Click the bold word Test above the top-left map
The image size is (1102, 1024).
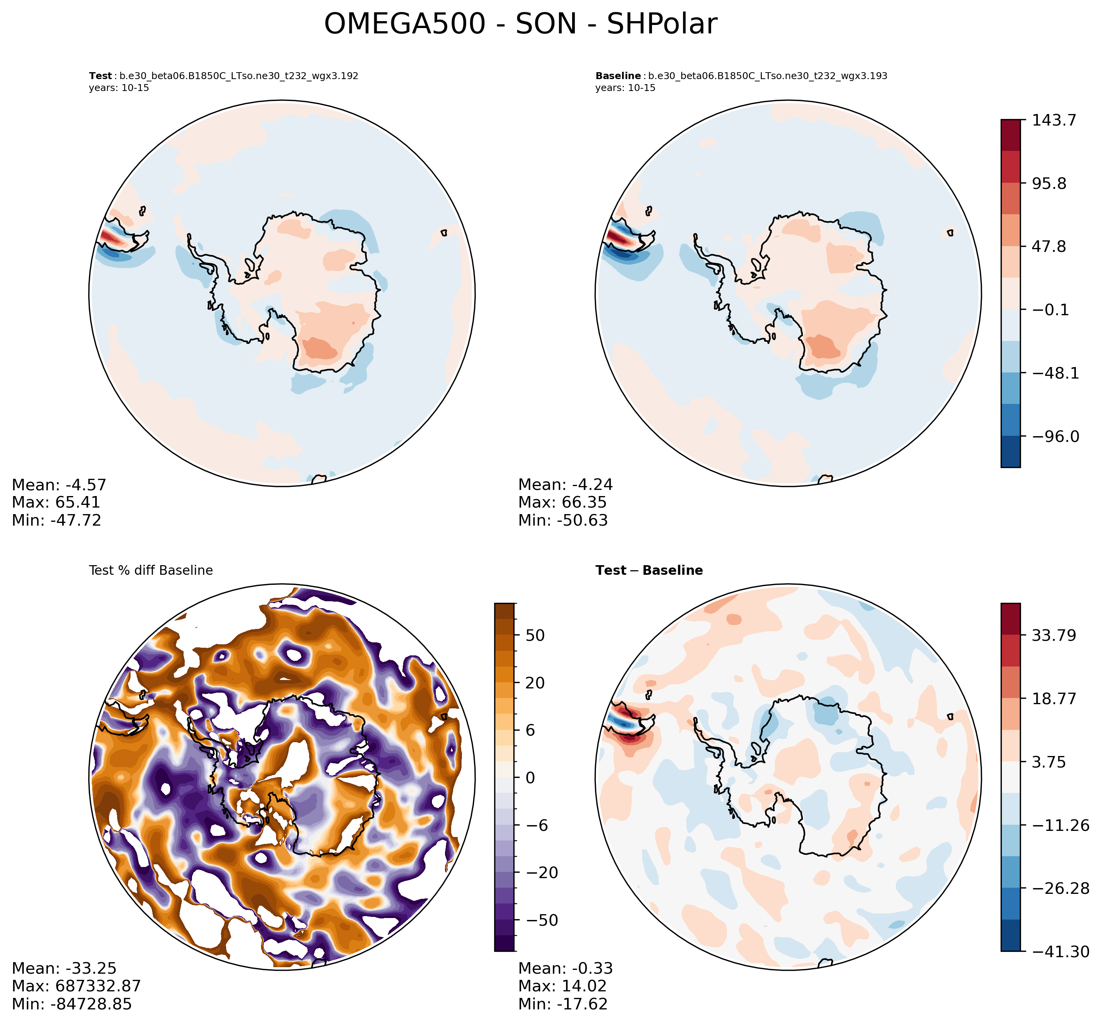100,76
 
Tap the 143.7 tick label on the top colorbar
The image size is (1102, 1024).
1053,120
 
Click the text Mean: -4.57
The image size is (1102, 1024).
59,485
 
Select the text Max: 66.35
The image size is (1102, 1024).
563,503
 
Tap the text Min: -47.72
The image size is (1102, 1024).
56,520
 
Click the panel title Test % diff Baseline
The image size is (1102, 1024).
151,571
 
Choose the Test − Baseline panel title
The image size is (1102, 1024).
649,571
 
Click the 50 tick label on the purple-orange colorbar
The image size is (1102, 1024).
534,635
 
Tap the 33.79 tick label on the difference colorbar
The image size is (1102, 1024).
1053,635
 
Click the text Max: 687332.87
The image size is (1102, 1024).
76,986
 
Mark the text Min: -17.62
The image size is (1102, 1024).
563,1004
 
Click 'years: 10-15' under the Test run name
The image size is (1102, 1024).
119,88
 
